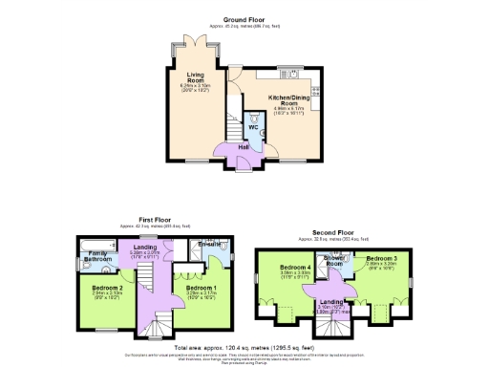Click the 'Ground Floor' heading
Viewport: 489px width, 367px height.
coord(244,19)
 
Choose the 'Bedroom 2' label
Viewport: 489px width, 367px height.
coord(107,287)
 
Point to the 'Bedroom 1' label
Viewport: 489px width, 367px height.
coord(202,287)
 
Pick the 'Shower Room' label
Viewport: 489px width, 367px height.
coord(334,259)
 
